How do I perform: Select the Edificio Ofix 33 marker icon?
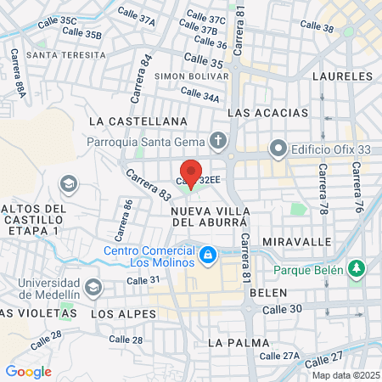point(278,149)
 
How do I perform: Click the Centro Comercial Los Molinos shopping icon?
point(207,254)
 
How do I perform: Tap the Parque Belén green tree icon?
point(357,269)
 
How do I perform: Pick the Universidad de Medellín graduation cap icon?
point(93,287)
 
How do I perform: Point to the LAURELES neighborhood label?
point(342,76)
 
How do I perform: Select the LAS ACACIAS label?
point(262,113)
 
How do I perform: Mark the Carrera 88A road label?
point(14,67)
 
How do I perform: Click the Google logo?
point(28,371)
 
